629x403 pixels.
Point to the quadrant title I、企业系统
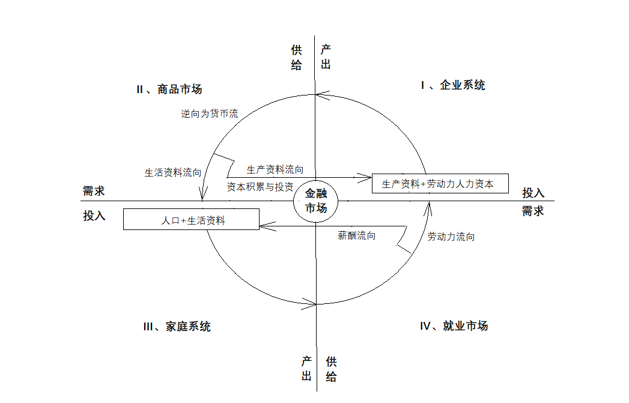(453, 85)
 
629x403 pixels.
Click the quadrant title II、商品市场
(169, 89)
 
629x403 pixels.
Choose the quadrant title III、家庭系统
(177, 326)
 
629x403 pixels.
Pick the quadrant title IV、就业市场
(454, 326)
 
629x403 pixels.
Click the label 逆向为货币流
(210, 114)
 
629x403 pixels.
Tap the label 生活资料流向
(173, 172)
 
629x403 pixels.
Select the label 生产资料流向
(275, 169)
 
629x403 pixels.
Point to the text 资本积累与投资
(260, 187)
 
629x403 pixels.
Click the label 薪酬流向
(357, 235)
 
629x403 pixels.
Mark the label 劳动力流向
(451, 237)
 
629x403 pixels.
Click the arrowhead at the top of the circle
(322, 95)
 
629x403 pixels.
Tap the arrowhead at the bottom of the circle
(309, 304)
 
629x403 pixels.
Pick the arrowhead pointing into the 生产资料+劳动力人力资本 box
(364, 177)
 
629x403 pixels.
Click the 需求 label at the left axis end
(94, 191)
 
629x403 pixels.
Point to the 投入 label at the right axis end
(533, 193)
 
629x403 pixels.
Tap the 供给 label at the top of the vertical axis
(296, 57)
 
